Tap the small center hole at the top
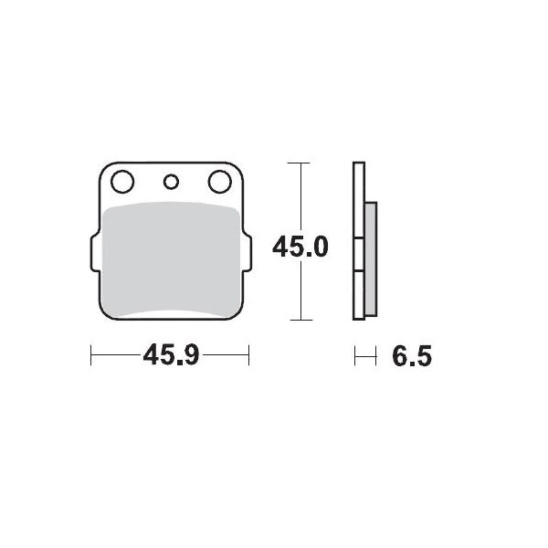coord(170,181)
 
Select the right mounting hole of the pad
coord(219,182)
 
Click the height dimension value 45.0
coord(300,247)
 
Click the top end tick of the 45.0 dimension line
coord(300,163)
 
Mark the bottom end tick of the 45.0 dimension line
coord(300,320)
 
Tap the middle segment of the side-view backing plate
coord(359,256)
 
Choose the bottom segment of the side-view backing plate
coord(359,297)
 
